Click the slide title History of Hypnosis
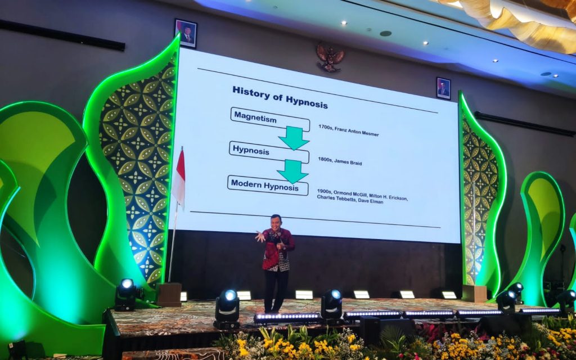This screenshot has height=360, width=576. click(280, 97)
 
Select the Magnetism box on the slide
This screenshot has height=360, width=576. click(270, 119)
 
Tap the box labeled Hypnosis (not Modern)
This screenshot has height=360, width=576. click(269, 152)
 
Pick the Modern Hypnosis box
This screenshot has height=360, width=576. click(268, 185)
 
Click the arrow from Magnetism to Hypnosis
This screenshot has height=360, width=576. click(294, 138)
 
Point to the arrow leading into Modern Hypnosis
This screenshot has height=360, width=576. click(292, 171)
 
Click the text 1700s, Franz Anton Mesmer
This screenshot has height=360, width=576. click(349, 130)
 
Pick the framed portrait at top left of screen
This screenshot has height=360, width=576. click(186, 33)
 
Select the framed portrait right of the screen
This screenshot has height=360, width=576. click(443, 88)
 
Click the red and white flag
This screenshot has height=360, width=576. click(179, 177)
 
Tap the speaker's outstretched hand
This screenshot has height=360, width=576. click(260, 236)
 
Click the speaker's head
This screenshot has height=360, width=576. click(275, 222)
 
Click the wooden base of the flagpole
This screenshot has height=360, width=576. click(169, 294)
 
